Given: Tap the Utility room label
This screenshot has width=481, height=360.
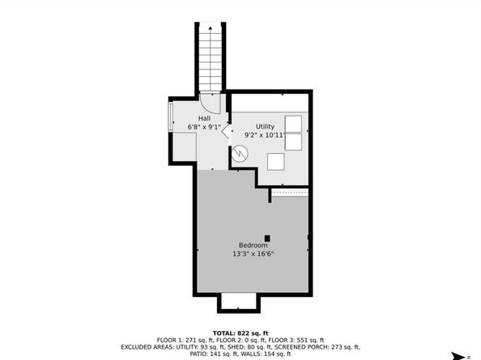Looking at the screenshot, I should (x=265, y=126).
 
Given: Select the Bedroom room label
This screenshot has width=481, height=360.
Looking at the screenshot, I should (x=252, y=245).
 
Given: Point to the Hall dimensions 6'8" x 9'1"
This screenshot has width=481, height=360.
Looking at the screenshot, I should (x=204, y=127).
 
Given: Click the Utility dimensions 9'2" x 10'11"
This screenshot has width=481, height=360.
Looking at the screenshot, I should (x=265, y=135).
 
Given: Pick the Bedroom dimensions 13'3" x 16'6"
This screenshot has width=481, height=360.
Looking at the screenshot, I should (x=252, y=253).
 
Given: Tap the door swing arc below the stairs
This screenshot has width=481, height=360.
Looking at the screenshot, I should (x=210, y=104).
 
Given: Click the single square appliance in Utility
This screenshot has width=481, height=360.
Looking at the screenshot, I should (x=276, y=161).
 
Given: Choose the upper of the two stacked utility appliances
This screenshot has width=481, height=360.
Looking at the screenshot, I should (x=294, y=123).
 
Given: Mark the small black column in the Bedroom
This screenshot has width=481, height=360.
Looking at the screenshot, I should (x=267, y=238).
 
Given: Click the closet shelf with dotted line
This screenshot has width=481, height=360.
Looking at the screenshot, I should (x=290, y=193).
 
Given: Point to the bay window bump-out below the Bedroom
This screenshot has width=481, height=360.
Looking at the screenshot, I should (x=239, y=303).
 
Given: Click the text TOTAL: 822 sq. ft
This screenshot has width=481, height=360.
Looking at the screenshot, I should (x=240, y=332).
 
